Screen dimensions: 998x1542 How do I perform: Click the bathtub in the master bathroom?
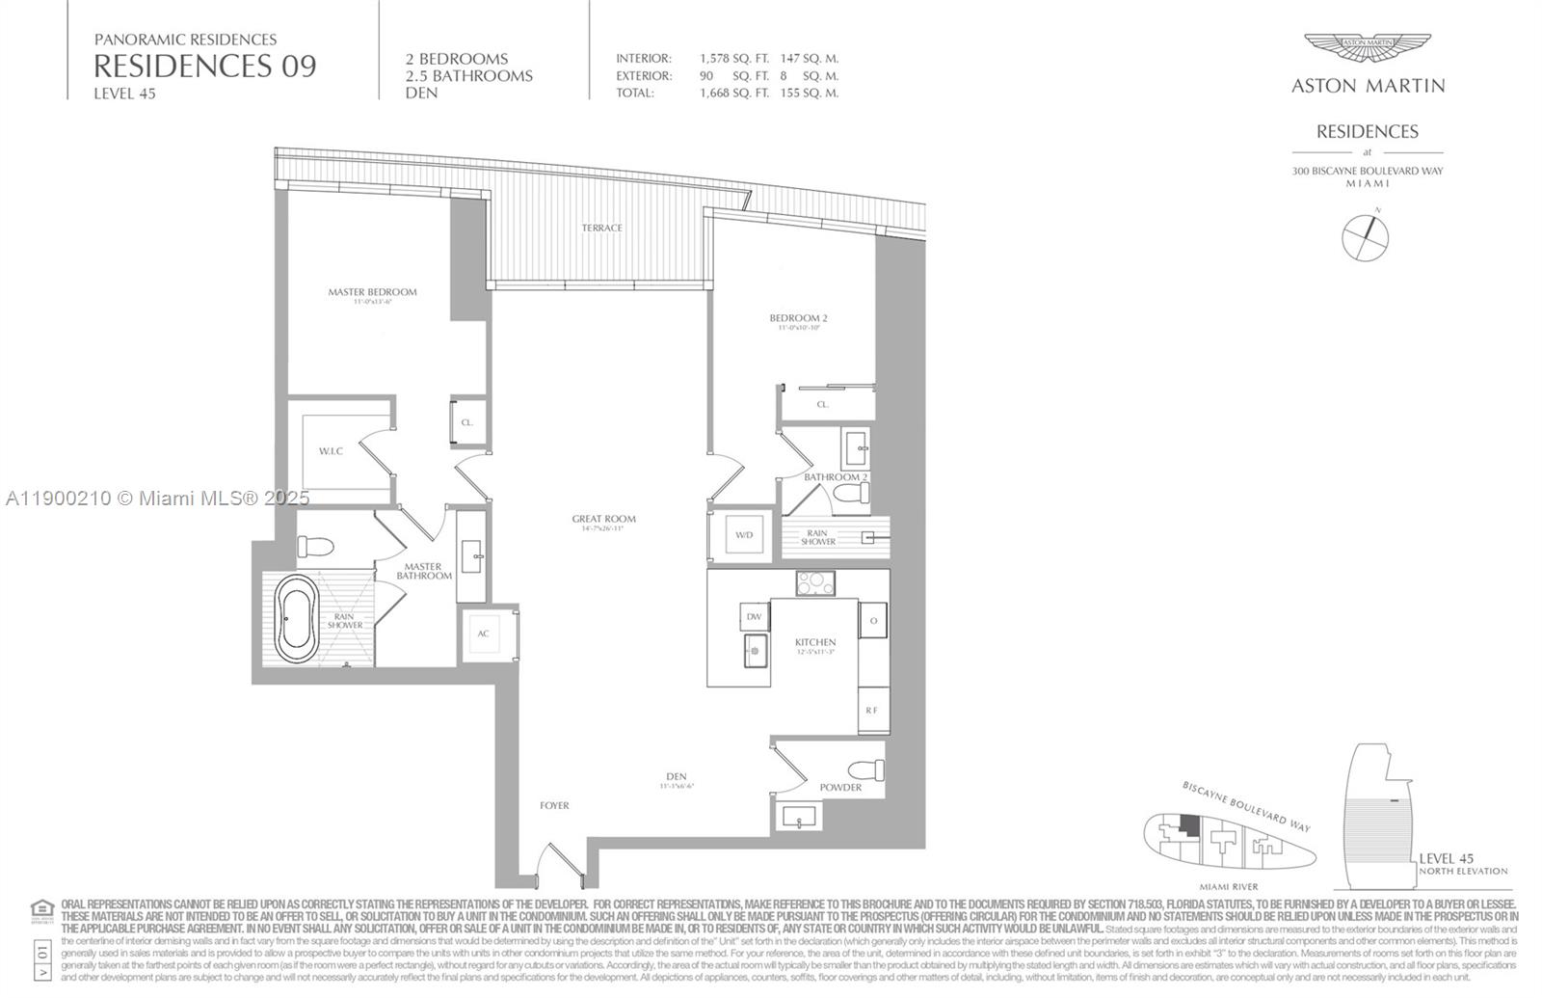tap(295, 617)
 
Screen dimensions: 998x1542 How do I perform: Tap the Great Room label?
tap(603, 519)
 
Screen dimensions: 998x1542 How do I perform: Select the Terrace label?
tap(601, 228)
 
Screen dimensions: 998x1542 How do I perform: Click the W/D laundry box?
tap(743, 535)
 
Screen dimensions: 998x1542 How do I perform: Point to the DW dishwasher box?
tap(754, 617)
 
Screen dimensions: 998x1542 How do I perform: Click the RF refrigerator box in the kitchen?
tap(871, 710)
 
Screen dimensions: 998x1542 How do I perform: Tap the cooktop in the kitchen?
tap(815, 582)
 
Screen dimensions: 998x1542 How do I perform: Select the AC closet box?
tap(484, 634)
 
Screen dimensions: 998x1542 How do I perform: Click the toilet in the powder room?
tap(866, 770)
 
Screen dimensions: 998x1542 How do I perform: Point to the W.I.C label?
tap(331, 451)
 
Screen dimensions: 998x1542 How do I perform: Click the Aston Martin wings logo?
tap(1367, 50)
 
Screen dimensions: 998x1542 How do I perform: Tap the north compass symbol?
tap(1366, 236)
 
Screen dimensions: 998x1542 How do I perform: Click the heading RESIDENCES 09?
tap(204, 66)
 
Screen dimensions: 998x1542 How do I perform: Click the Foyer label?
tap(554, 805)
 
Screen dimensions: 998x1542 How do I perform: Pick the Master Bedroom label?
tap(372, 292)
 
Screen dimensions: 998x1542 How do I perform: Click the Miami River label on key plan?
tap(1228, 886)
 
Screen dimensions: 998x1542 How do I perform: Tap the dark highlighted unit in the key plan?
tap(1191, 826)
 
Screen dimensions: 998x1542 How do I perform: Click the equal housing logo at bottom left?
tap(42, 908)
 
